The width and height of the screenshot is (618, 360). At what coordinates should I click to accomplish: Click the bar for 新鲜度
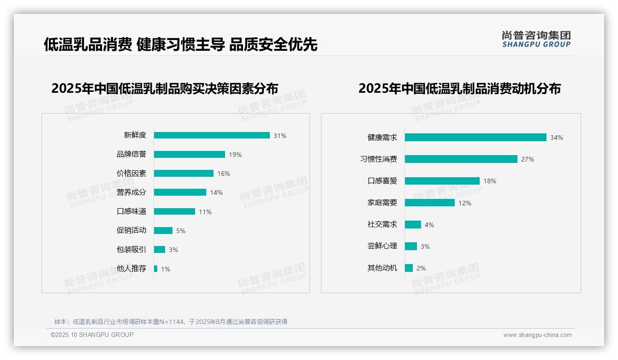click(212, 135)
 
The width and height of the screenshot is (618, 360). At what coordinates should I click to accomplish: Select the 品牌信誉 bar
click(190, 155)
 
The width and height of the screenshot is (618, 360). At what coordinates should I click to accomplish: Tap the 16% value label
click(224, 174)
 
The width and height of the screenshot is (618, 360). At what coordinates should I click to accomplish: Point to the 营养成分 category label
click(131, 192)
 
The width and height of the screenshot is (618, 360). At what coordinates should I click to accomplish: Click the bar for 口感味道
click(174, 211)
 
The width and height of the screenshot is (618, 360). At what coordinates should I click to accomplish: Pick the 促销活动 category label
click(131, 230)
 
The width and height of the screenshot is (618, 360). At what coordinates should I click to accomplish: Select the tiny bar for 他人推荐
click(156, 269)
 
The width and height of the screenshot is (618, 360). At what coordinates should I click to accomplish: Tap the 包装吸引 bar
click(160, 250)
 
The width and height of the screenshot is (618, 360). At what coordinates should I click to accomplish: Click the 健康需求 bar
click(475, 138)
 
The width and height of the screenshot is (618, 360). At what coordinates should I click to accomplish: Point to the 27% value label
click(528, 159)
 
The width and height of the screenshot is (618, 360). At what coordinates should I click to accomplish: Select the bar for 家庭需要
click(430, 203)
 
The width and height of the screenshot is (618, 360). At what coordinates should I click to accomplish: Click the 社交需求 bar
click(413, 224)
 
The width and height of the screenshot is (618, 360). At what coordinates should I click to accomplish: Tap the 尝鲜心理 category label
click(382, 246)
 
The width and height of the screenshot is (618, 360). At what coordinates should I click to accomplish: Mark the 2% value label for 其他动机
click(421, 268)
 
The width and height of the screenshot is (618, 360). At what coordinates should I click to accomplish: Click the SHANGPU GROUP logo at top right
click(536, 39)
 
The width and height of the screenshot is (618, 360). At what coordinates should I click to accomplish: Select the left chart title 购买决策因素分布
click(165, 88)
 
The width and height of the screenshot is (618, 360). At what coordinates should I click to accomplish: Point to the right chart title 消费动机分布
click(459, 88)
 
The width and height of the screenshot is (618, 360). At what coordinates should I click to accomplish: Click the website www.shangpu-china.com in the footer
click(537, 335)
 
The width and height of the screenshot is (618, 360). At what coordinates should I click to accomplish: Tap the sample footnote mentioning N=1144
click(171, 322)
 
